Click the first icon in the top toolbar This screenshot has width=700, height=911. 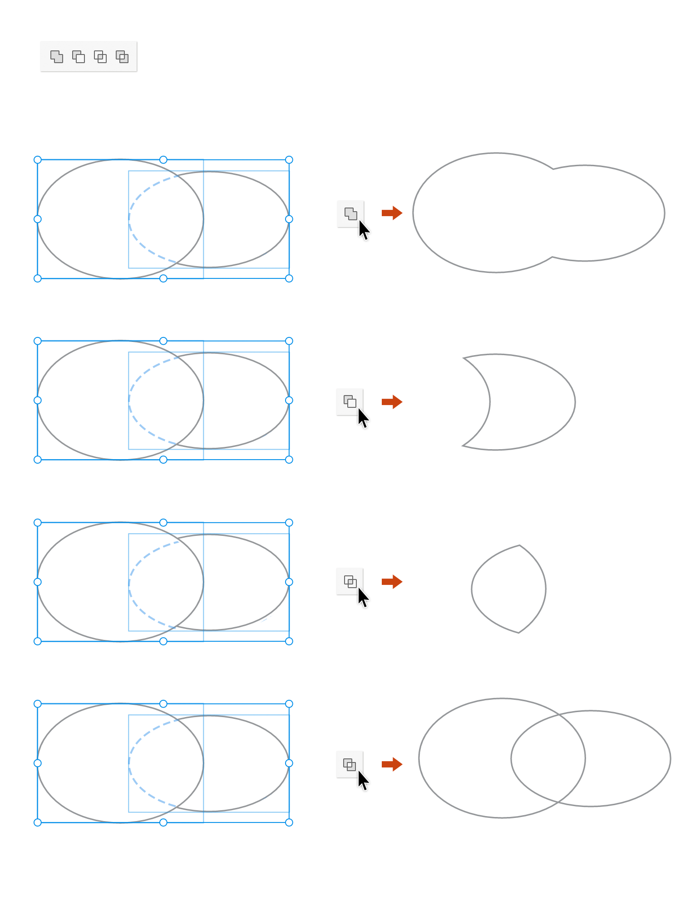pyautogui.click(x=57, y=57)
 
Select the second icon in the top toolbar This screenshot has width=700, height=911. pyautogui.click(x=79, y=57)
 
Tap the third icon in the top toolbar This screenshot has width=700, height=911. pyautogui.click(x=100, y=57)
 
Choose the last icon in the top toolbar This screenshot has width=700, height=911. pyautogui.click(x=122, y=57)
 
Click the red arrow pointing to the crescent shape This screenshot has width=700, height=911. pyautogui.click(x=392, y=402)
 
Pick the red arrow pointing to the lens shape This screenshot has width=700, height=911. pyautogui.click(x=392, y=582)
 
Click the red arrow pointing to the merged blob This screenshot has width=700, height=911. pyautogui.click(x=392, y=213)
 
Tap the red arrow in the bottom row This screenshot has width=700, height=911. pyautogui.click(x=392, y=764)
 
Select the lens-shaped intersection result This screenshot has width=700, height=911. pyautogui.click(x=508, y=589)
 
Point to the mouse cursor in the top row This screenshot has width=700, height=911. pyautogui.click(x=364, y=229)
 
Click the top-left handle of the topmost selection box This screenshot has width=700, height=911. pyautogui.click(x=38, y=160)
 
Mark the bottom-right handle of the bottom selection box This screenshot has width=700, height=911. pyautogui.click(x=289, y=822)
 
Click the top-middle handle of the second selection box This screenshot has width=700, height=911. pyautogui.click(x=163, y=341)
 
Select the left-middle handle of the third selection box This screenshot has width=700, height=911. pyautogui.click(x=38, y=582)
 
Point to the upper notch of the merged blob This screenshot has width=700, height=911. pyautogui.click(x=553, y=169)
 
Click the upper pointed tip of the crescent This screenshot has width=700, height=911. pyautogui.click(x=463, y=358)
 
